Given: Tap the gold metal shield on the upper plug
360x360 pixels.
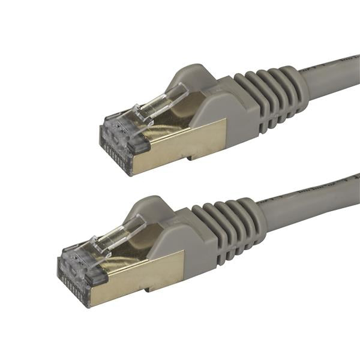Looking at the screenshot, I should tap(180, 144).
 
